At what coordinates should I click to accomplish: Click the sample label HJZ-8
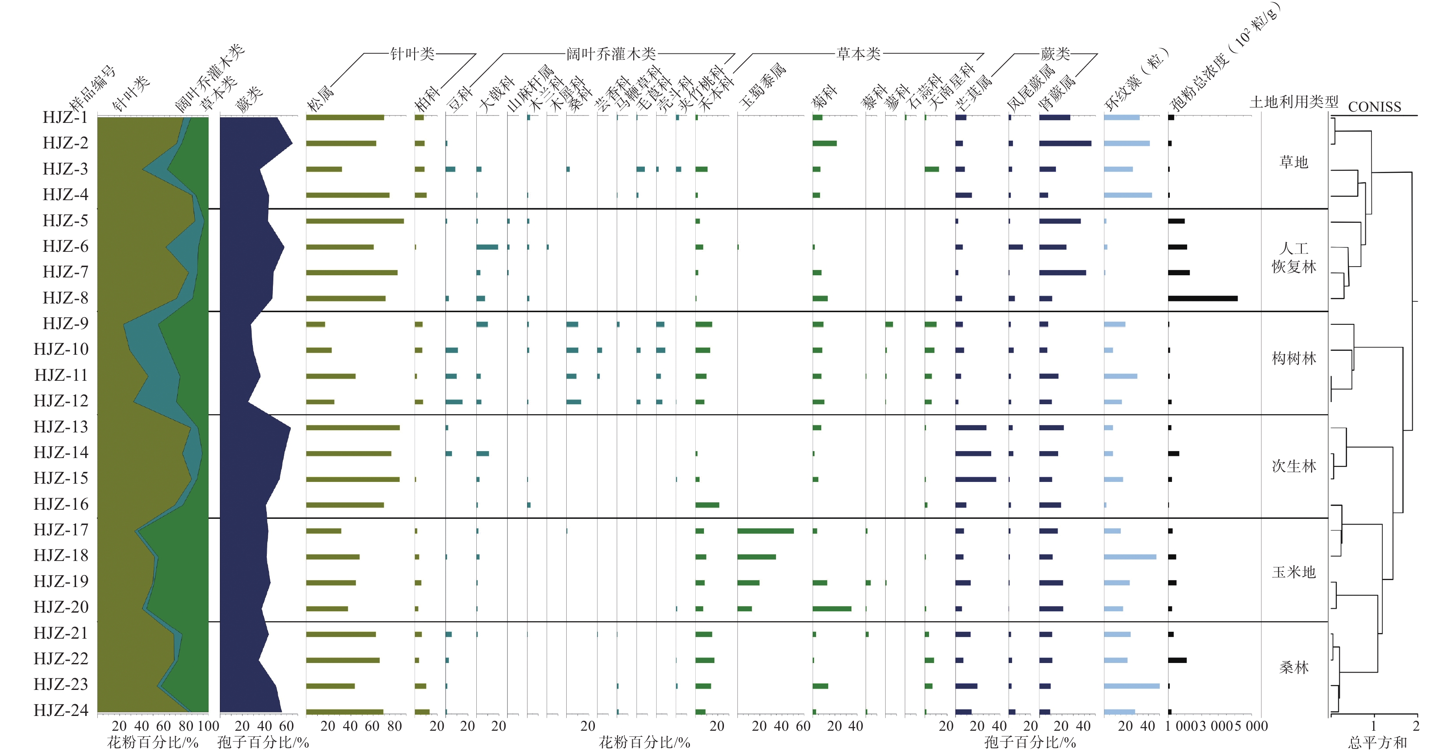point(66,298)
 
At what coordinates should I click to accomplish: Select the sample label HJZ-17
point(61,530)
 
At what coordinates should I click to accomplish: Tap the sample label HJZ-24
point(61,710)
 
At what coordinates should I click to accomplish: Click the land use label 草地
point(1293,162)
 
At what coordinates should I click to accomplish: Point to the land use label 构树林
point(1293,358)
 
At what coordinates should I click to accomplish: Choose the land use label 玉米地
point(1293,572)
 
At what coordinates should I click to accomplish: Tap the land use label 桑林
point(1293,668)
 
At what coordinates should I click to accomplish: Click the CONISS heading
point(1374,107)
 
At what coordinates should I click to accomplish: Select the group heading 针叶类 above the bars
point(412,54)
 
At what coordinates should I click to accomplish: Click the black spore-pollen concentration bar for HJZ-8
point(1202,298)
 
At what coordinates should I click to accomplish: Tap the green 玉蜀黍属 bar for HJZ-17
point(765,531)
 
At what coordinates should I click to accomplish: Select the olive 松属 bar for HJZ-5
point(355,221)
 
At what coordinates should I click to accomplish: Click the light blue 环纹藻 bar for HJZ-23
point(1131,686)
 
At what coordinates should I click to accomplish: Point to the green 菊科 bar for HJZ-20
point(831,609)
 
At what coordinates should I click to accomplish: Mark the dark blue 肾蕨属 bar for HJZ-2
point(1065,143)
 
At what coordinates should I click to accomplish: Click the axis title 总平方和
point(1377,742)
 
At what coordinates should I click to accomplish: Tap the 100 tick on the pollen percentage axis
point(208,726)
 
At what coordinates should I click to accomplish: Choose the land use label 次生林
point(1293,466)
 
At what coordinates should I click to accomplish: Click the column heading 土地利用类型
point(1293,102)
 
